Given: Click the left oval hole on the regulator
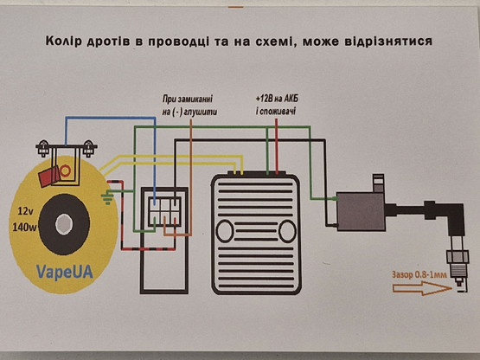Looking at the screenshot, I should click(x=226, y=231).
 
